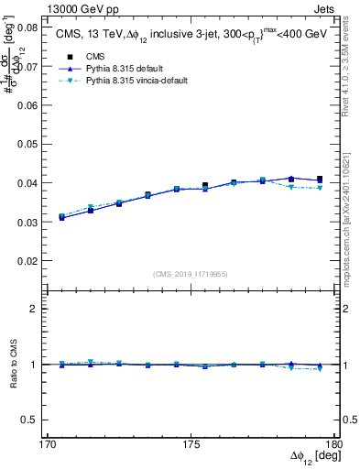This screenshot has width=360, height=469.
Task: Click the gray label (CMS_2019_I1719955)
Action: pyautogui.click(x=191, y=274)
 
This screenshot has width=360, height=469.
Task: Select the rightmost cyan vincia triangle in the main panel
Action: pyautogui.click(x=320, y=188)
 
